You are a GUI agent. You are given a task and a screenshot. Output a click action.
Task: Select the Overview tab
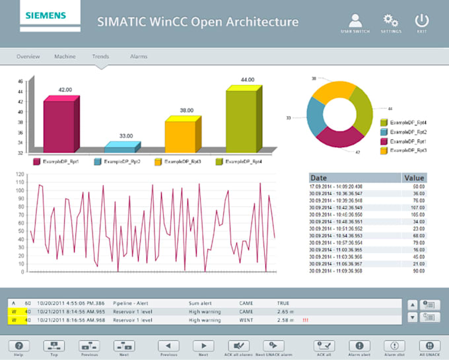[28, 57]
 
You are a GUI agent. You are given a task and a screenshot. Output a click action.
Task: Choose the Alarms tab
[139, 57]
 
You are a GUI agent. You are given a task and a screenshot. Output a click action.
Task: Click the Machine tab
[65, 57]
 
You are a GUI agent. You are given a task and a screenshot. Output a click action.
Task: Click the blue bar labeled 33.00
[121, 148]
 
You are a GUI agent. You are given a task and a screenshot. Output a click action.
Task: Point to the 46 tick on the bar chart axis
[20, 81]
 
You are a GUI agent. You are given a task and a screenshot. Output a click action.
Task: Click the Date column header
[319, 178]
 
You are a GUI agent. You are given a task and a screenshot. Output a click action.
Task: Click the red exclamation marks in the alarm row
[306, 320]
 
